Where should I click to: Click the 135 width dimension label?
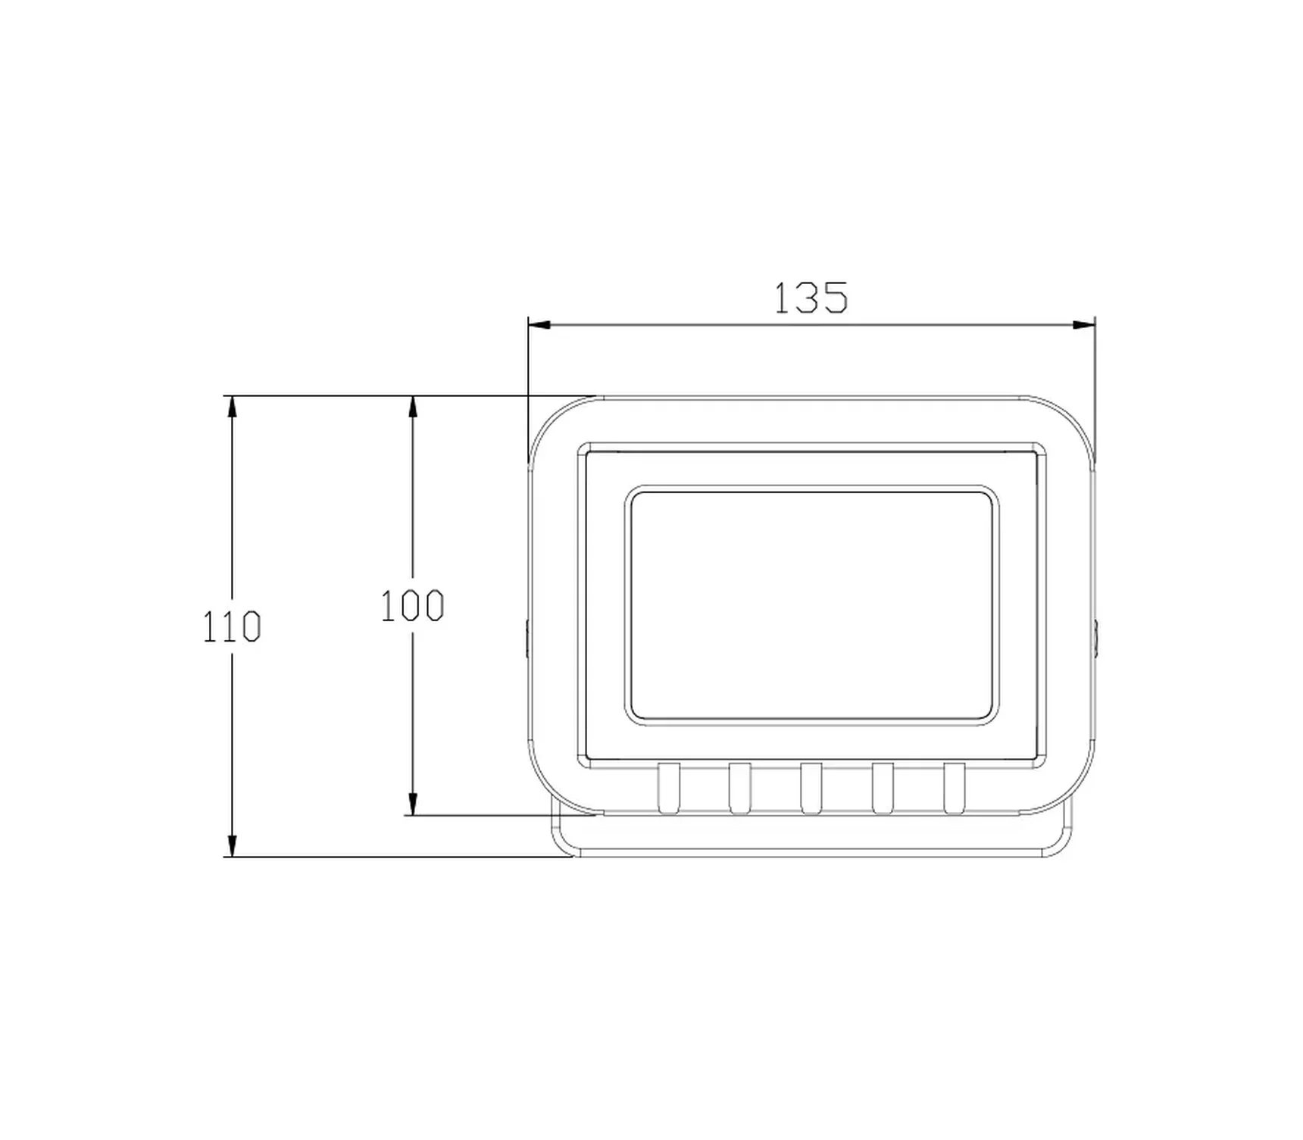tap(810, 298)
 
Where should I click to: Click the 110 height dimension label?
tap(231, 627)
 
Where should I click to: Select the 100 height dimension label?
tap(411, 606)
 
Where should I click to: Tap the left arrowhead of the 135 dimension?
tap(539, 325)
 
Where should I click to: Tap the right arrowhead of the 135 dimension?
tap(1084, 325)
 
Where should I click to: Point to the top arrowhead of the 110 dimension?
tap(232, 407)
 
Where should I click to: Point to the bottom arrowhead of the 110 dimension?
tap(232, 845)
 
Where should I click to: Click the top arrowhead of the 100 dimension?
tap(412, 407)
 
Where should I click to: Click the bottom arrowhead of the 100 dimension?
tap(412, 804)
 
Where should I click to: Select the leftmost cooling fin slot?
tap(669, 789)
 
